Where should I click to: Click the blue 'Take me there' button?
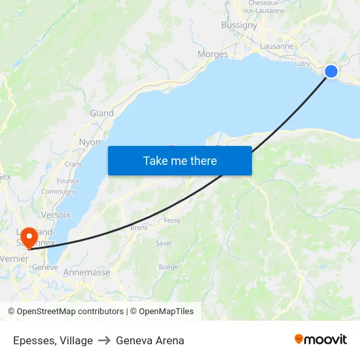[x=180, y=160]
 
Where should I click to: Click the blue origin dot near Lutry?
[x=331, y=71]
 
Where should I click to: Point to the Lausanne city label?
[x=277, y=46]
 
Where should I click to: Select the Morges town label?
[x=213, y=54]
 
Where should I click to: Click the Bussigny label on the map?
[x=239, y=25]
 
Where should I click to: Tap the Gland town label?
[x=101, y=113]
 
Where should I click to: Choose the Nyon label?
[x=90, y=142]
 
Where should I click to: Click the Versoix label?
[x=56, y=215]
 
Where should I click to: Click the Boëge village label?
[x=168, y=267]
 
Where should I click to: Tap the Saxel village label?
[x=163, y=243]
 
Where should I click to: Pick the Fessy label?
[x=172, y=221]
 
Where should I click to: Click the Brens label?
[x=139, y=228]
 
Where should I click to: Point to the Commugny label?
[x=59, y=192]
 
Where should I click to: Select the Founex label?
[x=68, y=181]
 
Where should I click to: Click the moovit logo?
[x=320, y=340]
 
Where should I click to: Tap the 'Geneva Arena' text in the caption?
[x=150, y=340]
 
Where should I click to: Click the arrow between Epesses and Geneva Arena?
[x=105, y=340]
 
